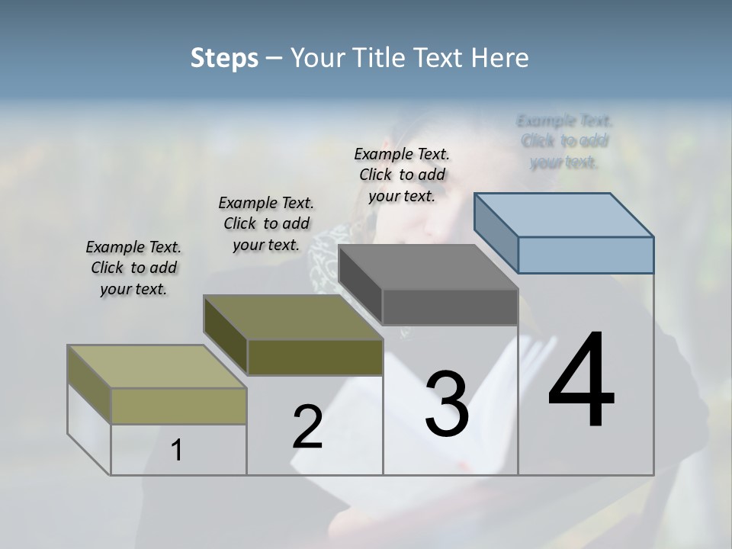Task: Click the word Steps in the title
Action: (224, 58)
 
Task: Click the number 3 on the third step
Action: (447, 404)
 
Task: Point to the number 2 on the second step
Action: (307, 427)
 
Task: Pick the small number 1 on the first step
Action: (177, 451)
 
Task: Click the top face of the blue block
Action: (564, 215)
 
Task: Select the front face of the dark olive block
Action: (315, 358)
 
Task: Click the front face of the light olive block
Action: (178, 406)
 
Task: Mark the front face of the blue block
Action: (586, 255)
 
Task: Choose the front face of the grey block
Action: (450, 307)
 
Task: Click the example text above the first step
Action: (133, 268)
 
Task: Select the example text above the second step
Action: (266, 223)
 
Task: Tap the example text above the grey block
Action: (402, 175)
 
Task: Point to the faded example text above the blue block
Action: (564, 141)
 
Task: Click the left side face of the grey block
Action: (360, 286)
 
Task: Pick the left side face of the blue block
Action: (496, 233)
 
